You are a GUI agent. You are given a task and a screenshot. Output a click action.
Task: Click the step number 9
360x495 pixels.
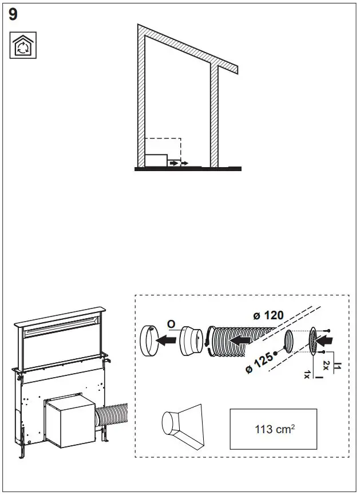13,15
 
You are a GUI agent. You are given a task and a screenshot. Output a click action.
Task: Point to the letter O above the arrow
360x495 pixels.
171,324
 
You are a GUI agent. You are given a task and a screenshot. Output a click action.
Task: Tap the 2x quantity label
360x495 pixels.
325,365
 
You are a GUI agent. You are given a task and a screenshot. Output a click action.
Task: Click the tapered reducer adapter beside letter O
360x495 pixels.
191,342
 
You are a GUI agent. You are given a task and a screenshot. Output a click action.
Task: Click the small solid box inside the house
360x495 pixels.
155,160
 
